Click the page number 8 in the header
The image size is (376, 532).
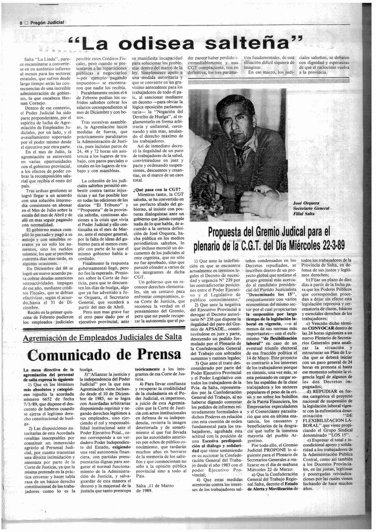tap(21, 23)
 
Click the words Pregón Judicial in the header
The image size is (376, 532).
tap(46, 23)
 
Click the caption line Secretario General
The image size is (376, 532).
tap(312, 208)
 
